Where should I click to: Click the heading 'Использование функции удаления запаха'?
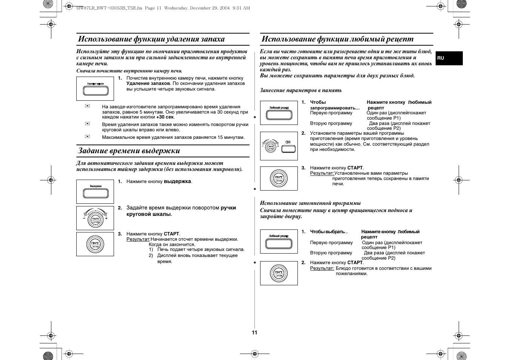point(151,39)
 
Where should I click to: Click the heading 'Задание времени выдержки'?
point(129,151)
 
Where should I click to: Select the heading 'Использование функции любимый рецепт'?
point(337,39)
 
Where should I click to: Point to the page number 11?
point(254,332)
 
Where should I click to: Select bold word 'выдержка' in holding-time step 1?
point(177,182)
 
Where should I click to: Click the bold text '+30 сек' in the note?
point(165,117)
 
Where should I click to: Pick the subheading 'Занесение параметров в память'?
point(300,90)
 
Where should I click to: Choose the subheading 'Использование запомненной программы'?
point(310,203)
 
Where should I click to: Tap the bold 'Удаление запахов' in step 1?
point(148,83)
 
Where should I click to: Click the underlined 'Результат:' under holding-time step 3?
point(138,239)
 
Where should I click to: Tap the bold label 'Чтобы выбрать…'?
point(328,232)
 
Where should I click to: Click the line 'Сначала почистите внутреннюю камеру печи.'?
point(129,71)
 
